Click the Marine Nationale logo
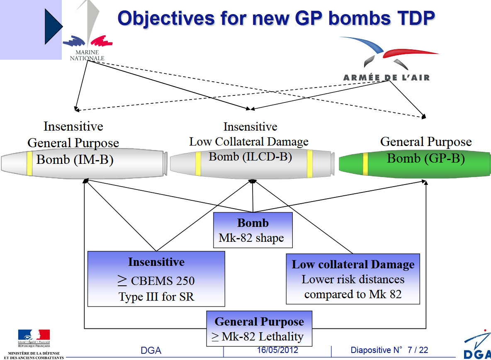(88, 31)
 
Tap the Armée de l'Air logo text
(386, 77)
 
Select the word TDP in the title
(416, 18)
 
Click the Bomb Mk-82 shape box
(253, 230)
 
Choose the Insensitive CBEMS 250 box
(156, 279)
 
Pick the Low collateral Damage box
(353, 279)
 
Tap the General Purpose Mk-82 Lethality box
(259, 328)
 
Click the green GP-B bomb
(415, 164)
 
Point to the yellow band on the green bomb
(365, 164)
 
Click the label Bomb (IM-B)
(75, 159)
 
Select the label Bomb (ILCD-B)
(250, 156)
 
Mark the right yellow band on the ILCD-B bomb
(309, 164)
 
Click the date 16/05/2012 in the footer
(277, 350)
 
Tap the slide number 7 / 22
(418, 350)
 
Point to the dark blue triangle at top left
(53, 26)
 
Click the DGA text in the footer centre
(151, 350)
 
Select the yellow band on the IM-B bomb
(29, 163)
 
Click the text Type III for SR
(156, 297)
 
